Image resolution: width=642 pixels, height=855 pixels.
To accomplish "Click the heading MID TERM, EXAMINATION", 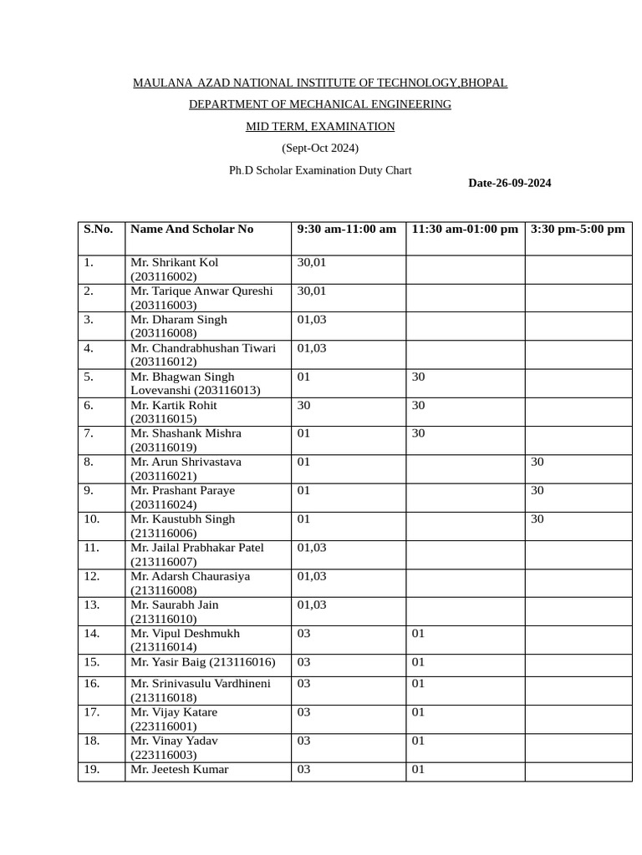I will click(x=319, y=127).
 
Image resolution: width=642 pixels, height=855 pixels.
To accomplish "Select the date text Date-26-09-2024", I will click(x=509, y=184).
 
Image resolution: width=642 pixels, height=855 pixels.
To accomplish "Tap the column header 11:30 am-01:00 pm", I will click(x=465, y=229).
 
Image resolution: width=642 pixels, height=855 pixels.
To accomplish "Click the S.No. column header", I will click(x=98, y=229).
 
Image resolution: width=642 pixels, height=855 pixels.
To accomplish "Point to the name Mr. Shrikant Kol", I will click(x=174, y=262).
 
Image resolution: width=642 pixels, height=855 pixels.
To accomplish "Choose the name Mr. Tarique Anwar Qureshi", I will click(x=201, y=291).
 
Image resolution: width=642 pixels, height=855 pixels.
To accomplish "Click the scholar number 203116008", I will click(x=163, y=333).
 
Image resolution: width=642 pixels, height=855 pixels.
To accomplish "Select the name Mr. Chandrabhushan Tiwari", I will click(x=203, y=348).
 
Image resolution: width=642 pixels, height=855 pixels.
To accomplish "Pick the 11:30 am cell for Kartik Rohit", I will click(x=419, y=405).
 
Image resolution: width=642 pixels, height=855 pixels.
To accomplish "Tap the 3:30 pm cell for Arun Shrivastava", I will click(x=538, y=462).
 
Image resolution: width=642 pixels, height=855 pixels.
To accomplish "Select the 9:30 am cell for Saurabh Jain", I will click(x=312, y=605).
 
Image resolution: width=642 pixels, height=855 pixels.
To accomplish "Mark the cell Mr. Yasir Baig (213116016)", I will click(x=202, y=662).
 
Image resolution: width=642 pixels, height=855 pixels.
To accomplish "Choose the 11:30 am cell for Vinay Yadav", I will click(x=419, y=741).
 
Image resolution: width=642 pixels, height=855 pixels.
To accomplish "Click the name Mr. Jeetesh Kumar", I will click(x=179, y=769).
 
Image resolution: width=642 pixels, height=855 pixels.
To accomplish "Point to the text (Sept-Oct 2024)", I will click(x=319, y=149).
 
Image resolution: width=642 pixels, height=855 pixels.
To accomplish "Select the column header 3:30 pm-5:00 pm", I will click(x=578, y=229).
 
